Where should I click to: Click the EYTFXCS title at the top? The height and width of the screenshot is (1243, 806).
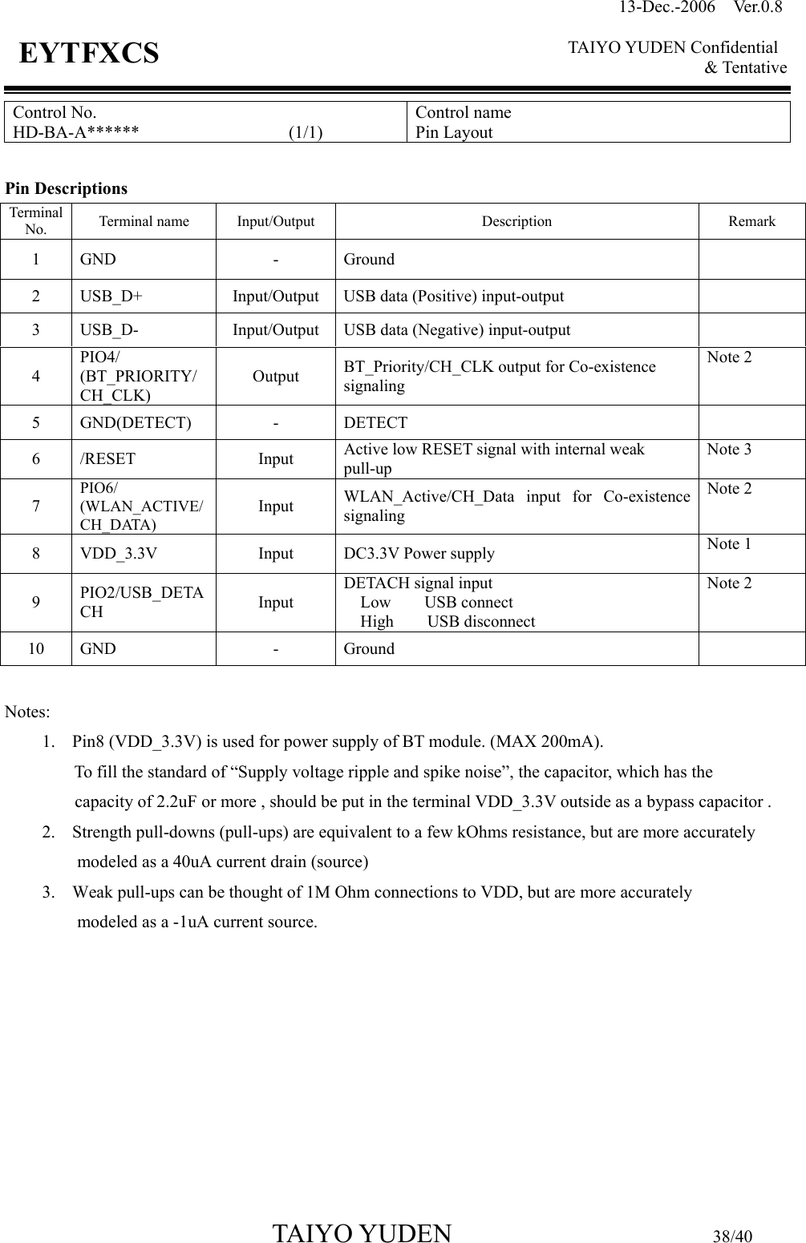pyautogui.click(x=89, y=54)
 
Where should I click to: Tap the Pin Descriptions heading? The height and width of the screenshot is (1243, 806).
pyautogui.click(x=67, y=189)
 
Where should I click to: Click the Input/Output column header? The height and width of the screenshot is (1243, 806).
pyautogui.click(x=275, y=221)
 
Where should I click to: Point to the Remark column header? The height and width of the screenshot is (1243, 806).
pyautogui.click(x=751, y=221)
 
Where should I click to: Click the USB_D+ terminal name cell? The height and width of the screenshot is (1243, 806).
pyautogui.click(x=111, y=296)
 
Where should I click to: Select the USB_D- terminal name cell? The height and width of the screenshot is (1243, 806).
pyautogui.click(x=109, y=329)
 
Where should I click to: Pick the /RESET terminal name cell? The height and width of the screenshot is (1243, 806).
pyautogui.click(x=107, y=459)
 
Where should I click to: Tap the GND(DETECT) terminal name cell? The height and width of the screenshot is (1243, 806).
pyautogui.click(x=136, y=422)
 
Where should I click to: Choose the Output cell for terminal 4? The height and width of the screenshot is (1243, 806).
pyautogui.click(x=276, y=376)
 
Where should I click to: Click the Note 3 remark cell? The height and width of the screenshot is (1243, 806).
pyautogui.click(x=729, y=450)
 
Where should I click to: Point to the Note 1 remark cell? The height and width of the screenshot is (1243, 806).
pyautogui.click(x=729, y=544)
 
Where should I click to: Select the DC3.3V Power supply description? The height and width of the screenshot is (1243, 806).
pyautogui.click(x=419, y=554)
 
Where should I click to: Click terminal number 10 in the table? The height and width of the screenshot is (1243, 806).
pyautogui.click(x=36, y=648)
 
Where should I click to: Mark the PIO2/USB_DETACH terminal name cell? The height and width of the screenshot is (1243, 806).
pyautogui.click(x=141, y=602)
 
